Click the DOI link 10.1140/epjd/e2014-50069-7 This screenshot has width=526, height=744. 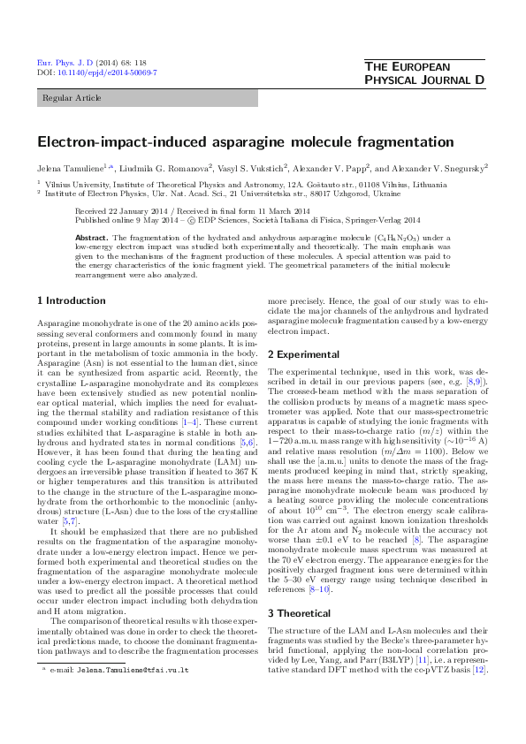(107, 72)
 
